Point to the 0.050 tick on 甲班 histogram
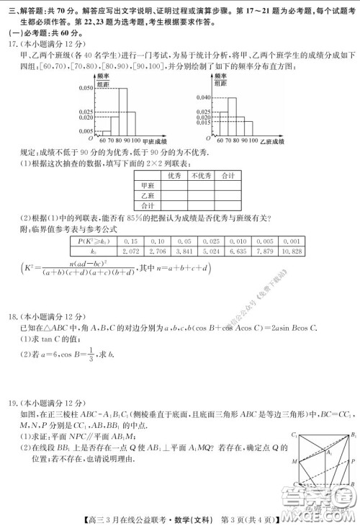85,87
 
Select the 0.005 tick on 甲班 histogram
85,131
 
